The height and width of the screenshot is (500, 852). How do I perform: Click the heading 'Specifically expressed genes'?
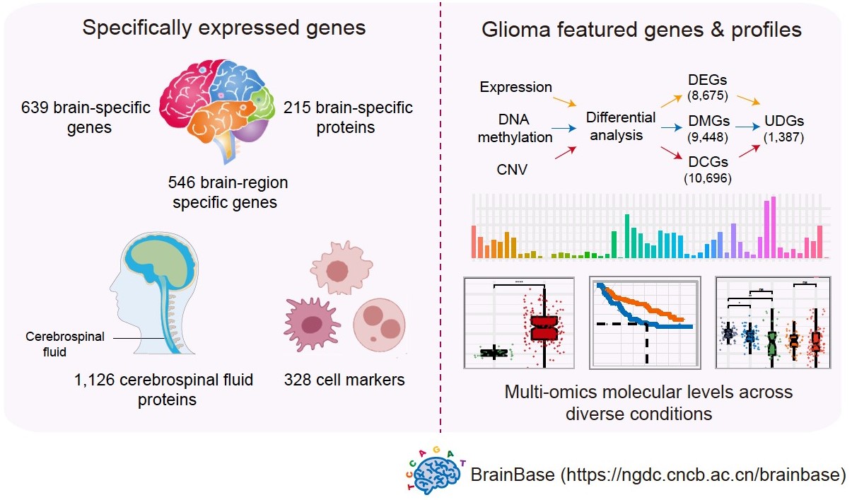[x=223, y=28]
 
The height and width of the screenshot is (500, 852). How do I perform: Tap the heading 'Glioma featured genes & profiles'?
[x=641, y=30]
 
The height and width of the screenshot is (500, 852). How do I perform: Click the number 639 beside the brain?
[x=37, y=108]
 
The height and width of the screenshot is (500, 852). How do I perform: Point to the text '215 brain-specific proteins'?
[x=347, y=117]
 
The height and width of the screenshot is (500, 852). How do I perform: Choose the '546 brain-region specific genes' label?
[x=228, y=192]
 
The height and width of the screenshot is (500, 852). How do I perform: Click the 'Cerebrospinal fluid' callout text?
[x=65, y=344]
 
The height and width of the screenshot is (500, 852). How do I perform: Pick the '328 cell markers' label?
[x=344, y=380]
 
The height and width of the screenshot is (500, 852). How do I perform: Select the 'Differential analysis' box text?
[x=621, y=125]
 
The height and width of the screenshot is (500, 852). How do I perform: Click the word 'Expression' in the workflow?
[x=515, y=88]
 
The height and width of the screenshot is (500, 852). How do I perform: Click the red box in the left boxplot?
[x=545, y=328]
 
